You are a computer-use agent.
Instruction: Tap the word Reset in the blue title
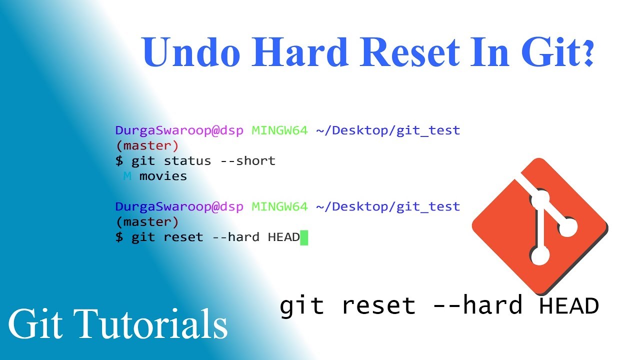(409, 52)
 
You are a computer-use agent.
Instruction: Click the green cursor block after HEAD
(304, 237)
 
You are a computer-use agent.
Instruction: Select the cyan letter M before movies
(127, 176)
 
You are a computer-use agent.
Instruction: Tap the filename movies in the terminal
(163, 176)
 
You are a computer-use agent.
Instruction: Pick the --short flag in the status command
(251, 161)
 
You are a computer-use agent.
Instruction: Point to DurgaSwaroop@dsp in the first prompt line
(179, 130)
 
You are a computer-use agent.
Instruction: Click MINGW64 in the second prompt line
(279, 206)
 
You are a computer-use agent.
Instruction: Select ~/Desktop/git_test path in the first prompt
(388, 130)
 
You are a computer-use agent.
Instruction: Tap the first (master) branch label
(147, 146)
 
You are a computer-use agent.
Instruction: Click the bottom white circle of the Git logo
(539, 255)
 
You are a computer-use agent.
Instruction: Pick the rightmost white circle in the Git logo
(567, 228)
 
